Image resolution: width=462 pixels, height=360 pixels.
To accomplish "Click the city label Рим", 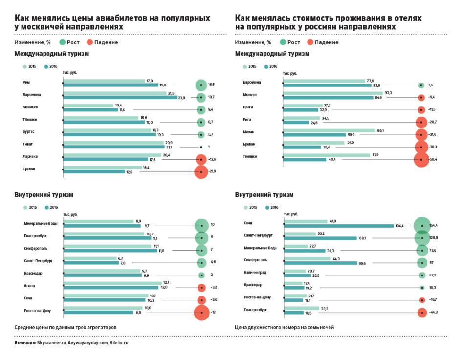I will click(26, 82).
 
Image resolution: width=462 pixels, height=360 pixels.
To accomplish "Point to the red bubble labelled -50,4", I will click(421, 159).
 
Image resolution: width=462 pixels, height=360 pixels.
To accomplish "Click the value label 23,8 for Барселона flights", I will click(181, 98).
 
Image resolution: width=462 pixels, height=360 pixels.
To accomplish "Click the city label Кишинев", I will click(30, 107).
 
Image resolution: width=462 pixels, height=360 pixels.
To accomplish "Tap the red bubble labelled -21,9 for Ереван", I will click(201, 172).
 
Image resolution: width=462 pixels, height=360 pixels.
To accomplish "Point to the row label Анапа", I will click(30, 285).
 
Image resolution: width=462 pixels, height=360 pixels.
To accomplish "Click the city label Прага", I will click(248, 107).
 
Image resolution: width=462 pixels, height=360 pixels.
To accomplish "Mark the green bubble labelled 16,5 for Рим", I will click(200, 85).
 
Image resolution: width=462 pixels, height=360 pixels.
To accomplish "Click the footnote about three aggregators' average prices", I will click(66, 327).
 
